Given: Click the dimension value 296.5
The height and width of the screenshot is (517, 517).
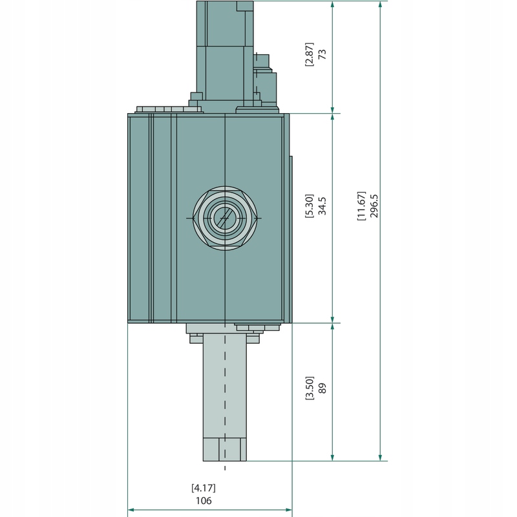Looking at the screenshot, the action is point(375,205).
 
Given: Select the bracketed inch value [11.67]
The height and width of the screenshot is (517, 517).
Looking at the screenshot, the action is point(361,206).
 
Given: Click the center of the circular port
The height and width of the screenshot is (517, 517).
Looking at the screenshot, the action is point(224,218).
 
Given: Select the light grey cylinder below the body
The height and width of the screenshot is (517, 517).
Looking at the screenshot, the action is point(224,388).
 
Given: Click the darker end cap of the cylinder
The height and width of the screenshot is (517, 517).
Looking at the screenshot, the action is point(224,449).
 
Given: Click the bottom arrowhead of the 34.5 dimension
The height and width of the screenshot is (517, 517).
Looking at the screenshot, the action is point(333,318).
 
